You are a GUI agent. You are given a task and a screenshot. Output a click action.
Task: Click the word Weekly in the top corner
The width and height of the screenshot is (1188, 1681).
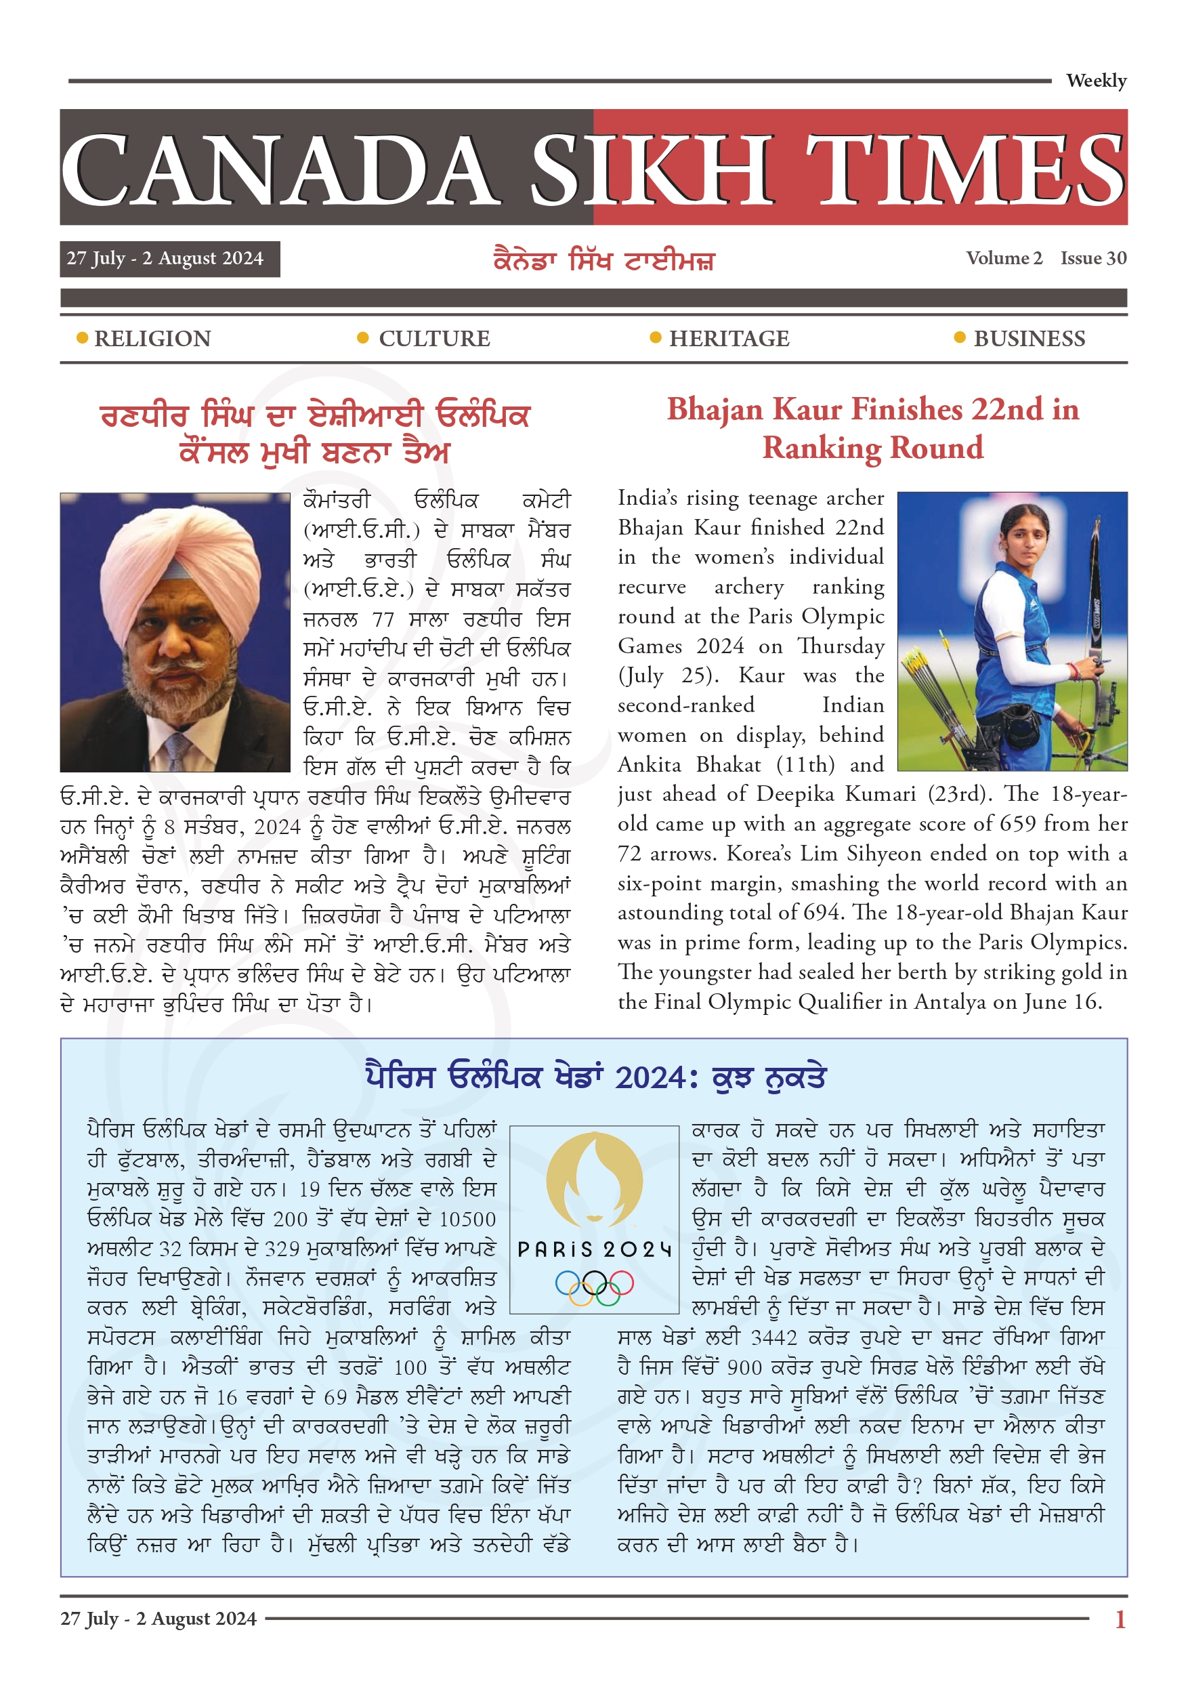click(x=1095, y=81)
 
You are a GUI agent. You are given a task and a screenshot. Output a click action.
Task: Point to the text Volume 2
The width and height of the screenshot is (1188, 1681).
click(x=1004, y=258)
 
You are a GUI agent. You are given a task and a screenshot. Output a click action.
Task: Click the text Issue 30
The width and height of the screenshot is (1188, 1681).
click(x=1093, y=258)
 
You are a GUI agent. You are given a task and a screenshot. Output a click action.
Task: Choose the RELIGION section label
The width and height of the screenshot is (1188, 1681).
click(x=152, y=339)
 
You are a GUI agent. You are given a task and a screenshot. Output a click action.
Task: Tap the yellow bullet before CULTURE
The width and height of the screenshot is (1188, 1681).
click(x=362, y=337)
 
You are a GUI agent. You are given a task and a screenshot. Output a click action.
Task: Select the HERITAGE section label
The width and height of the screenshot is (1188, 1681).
click(x=729, y=339)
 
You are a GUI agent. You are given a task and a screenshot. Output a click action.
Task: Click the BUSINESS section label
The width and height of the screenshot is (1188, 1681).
click(x=1029, y=339)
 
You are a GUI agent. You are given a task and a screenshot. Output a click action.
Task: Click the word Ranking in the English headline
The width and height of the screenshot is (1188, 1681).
click(x=822, y=448)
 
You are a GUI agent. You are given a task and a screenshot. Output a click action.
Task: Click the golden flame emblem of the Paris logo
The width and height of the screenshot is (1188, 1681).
click(x=595, y=1179)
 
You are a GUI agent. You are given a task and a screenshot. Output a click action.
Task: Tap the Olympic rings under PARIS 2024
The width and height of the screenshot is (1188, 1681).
click(x=595, y=1288)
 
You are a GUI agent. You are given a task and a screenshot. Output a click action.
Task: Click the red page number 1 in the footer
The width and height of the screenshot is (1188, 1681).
click(x=1119, y=1619)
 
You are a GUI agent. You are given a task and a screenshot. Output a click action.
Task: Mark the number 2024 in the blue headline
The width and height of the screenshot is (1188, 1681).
click(x=651, y=1079)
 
